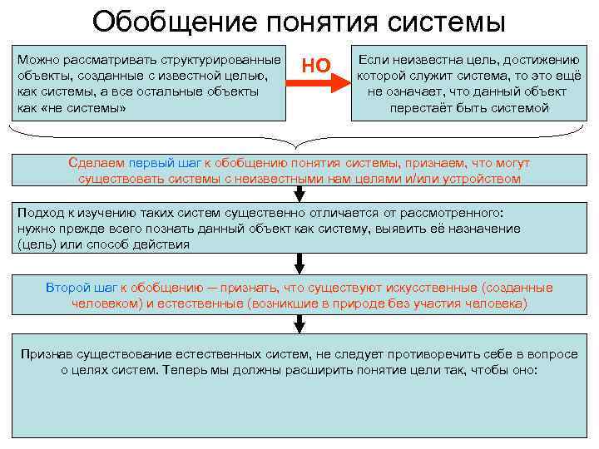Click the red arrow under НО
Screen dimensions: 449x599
tap(319, 83)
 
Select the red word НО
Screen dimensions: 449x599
tap(316, 63)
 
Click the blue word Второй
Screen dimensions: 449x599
tap(69, 288)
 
